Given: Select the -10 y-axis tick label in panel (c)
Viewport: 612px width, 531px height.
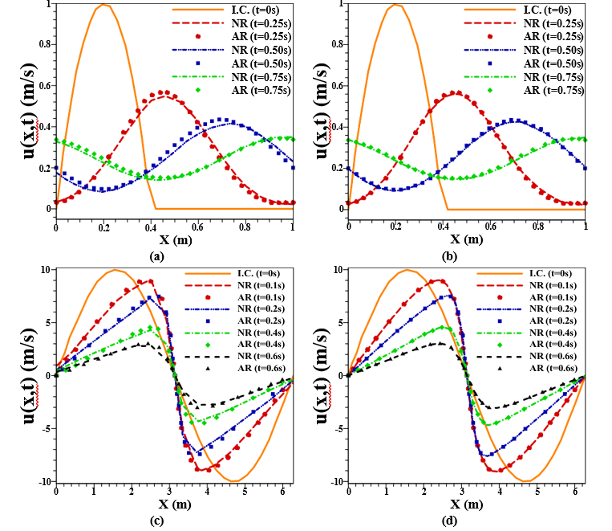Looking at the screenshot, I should coord(40,481).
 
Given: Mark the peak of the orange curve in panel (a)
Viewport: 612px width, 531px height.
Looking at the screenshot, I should coord(103,5).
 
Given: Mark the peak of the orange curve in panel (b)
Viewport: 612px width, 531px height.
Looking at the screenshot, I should coord(395,5).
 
